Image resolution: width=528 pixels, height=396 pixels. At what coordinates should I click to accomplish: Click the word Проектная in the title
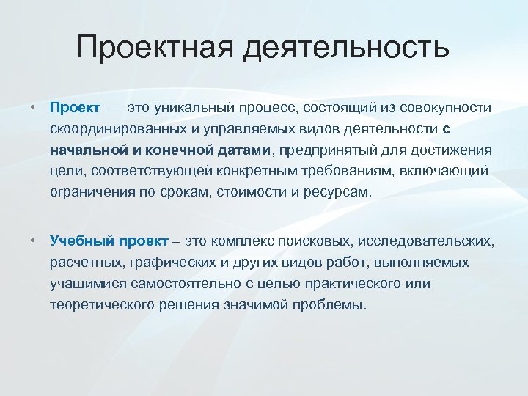155,48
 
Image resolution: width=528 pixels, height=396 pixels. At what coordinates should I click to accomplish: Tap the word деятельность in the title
345,48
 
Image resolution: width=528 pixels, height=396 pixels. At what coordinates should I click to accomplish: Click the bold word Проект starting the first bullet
75,108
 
